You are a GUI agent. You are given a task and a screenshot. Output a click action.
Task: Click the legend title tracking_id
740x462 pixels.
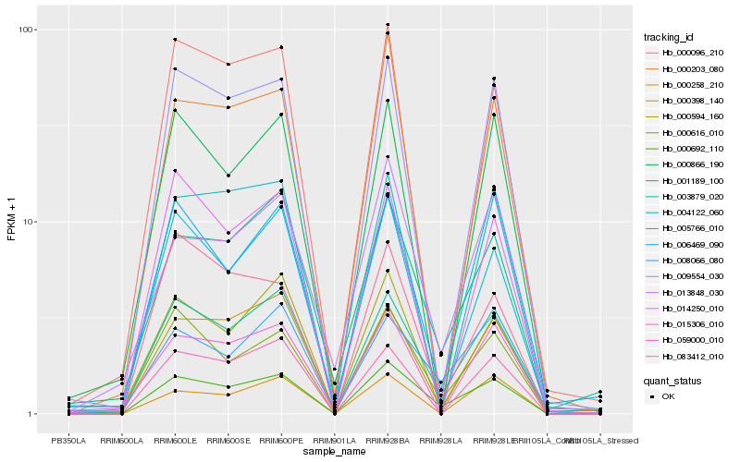[x=670, y=37]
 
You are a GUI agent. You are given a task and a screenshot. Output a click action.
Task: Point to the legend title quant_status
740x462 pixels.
[x=672, y=380]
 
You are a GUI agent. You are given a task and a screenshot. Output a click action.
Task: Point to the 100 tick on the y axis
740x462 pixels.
[x=27, y=30]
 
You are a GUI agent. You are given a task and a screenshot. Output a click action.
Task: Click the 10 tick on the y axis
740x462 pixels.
[x=29, y=222]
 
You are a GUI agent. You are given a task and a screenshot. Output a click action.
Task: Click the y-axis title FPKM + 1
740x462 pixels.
[x=12, y=222]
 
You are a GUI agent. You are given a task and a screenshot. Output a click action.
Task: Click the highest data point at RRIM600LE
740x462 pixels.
[x=175, y=40]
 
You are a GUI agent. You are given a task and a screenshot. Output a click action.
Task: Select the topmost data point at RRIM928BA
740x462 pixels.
[x=388, y=24]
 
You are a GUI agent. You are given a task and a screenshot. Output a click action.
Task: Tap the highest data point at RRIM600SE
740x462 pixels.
[x=228, y=64]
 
